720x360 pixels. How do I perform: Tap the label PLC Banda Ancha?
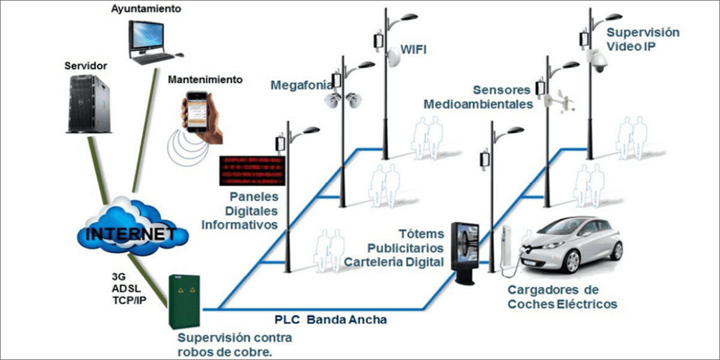331,320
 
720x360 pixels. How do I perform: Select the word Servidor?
85,64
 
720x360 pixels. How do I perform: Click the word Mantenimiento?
205,79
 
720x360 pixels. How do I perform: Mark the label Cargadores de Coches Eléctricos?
562,297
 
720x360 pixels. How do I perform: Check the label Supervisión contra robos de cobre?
235,344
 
